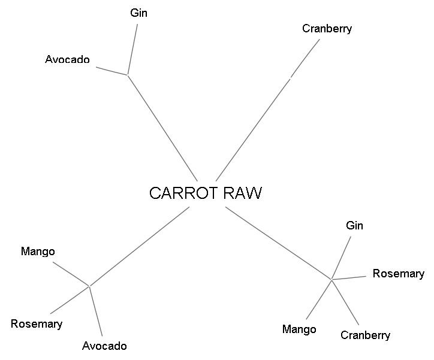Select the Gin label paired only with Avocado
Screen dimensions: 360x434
point(138,13)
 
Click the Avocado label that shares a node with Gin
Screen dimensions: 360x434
point(67,59)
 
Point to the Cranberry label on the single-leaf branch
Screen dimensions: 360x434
point(327,28)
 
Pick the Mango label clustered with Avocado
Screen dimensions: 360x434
point(38,251)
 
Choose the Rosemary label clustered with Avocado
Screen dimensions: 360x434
point(37,324)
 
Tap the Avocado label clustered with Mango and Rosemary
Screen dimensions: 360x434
point(104,346)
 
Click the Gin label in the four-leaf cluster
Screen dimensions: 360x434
point(354,226)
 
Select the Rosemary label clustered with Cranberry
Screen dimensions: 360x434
point(398,274)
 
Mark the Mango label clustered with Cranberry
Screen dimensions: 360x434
point(299,329)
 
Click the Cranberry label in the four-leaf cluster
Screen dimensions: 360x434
point(365,335)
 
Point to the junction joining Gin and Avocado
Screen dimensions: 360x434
point(128,75)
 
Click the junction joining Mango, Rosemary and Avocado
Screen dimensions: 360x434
point(89,286)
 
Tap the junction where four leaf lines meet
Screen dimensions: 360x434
point(331,279)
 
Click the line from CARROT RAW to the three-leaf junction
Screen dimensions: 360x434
point(140,246)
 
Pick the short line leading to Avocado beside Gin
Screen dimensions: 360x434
point(112,70)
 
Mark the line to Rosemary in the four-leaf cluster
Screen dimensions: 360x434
point(349,277)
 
